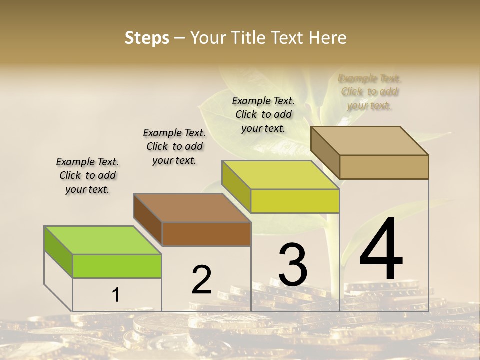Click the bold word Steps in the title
click(147, 38)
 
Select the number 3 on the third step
click(293, 265)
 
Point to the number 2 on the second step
click(201, 280)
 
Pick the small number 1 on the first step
click(115, 295)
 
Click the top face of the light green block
click(103, 240)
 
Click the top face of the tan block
click(369, 141)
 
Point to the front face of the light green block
click(117, 266)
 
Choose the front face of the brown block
click(206, 234)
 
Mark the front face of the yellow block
click(295, 201)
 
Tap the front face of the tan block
click(384, 167)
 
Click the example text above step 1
click(87, 175)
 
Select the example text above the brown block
click(174, 146)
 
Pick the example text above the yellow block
click(263, 114)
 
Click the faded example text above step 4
click(370, 92)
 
